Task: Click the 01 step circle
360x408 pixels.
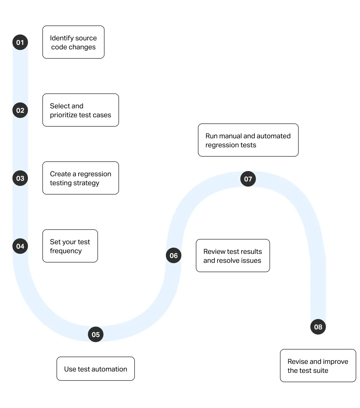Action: [20, 42]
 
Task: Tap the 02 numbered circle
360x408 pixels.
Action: [20, 110]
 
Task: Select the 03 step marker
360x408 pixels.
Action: [20, 178]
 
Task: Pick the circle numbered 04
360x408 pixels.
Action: [20, 246]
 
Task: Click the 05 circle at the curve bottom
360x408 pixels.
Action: [96, 334]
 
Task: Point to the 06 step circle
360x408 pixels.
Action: [173, 256]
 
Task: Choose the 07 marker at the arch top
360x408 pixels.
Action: [248, 179]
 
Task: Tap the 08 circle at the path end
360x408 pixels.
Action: [318, 327]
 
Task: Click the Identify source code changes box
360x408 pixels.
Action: [73, 42]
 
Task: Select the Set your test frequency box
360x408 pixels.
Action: [70, 246]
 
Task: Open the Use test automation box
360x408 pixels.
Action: [96, 369]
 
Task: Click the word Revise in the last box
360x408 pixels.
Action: [298, 361]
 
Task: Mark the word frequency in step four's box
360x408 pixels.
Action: [66, 251]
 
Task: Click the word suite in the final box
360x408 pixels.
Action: [320, 370]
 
